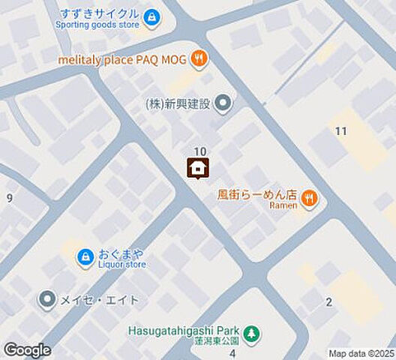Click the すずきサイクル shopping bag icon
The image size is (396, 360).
[x=152, y=16]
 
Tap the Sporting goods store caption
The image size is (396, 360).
[x=97, y=24]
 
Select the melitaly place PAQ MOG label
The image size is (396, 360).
[x=124, y=57]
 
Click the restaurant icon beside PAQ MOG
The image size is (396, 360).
[x=198, y=57]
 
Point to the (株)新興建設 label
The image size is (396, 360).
[x=178, y=103]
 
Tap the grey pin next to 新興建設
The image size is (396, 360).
[x=223, y=103]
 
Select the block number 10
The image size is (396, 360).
[x=200, y=152]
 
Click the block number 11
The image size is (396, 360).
[x=341, y=131]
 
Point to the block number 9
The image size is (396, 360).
[x=10, y=198]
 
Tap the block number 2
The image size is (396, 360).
[x=328, y=302]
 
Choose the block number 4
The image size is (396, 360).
[x=232, y=352]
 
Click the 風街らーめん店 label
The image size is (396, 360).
[x=257, y=194]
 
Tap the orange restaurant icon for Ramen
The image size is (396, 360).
[x=310, y=199]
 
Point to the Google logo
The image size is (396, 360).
[x=27, y=350]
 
